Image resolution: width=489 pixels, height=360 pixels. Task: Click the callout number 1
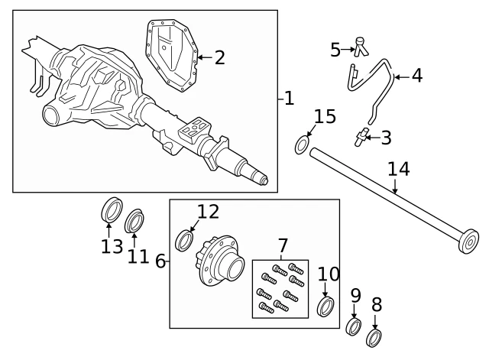[x=287, y=99]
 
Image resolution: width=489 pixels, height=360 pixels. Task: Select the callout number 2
[x=219, y=57]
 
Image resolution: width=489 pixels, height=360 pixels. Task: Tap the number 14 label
[x=398, y=169]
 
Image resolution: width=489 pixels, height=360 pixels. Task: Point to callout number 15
[x=325, y=117]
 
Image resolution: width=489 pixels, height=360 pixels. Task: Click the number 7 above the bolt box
[x=283, y=246]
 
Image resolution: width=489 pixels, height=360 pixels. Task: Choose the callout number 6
[x=160, y=261]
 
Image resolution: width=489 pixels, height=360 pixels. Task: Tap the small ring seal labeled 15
[x=303, y=144]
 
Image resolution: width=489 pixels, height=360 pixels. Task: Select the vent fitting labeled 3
[x=358, y=138]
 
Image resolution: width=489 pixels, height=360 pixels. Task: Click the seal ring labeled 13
[x=112, y=210]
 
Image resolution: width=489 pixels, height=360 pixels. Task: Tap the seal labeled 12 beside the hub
[x=184, y=240]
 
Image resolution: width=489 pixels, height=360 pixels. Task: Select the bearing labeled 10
[x=325, y=307]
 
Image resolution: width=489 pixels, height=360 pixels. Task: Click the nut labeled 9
[x=354, y=328]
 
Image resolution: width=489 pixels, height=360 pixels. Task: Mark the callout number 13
[x=112, y=247]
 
